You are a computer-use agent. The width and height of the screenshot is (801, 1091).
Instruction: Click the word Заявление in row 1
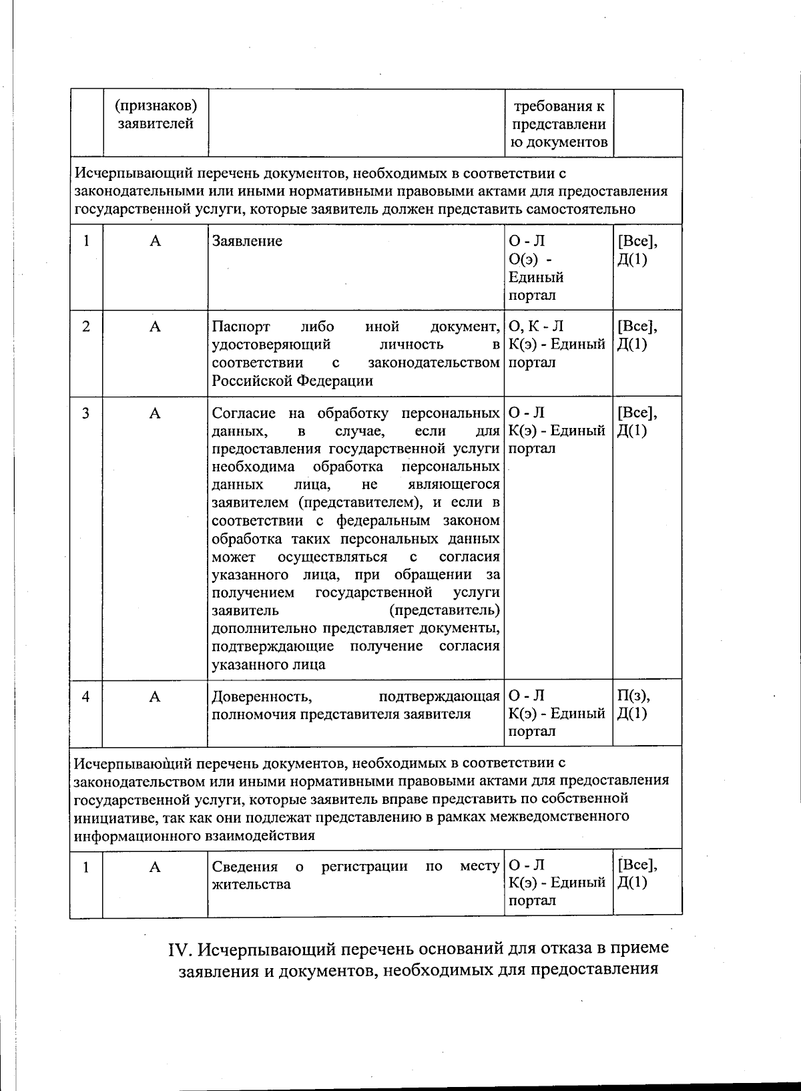tap(247, 241)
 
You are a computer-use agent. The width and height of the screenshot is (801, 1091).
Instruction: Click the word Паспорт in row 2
tap(240, 326)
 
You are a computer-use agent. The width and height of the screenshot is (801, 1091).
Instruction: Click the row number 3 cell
tap(86, 413)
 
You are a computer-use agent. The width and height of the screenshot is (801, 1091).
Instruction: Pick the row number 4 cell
tap(86, 696)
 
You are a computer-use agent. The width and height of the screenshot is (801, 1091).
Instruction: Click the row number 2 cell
tap(86, 326)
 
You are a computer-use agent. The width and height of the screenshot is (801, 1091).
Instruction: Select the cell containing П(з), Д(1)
tap(633, 704)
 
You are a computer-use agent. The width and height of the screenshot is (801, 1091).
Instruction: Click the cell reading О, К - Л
tap(536, 326)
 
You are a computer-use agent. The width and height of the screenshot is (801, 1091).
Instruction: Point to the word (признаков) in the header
tap(156, 105)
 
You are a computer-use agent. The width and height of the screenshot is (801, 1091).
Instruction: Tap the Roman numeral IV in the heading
tap(180, 949)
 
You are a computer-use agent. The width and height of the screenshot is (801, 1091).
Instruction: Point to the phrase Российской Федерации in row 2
tap(292, 381)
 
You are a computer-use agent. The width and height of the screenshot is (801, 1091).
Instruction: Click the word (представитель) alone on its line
tap(444, 610)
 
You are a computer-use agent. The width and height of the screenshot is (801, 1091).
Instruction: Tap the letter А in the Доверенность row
tap(155, 696)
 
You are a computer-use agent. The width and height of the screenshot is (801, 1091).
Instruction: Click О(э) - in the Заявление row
tap(530, 259)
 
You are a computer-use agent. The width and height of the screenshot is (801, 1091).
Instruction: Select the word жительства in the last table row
tap(251, 885)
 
